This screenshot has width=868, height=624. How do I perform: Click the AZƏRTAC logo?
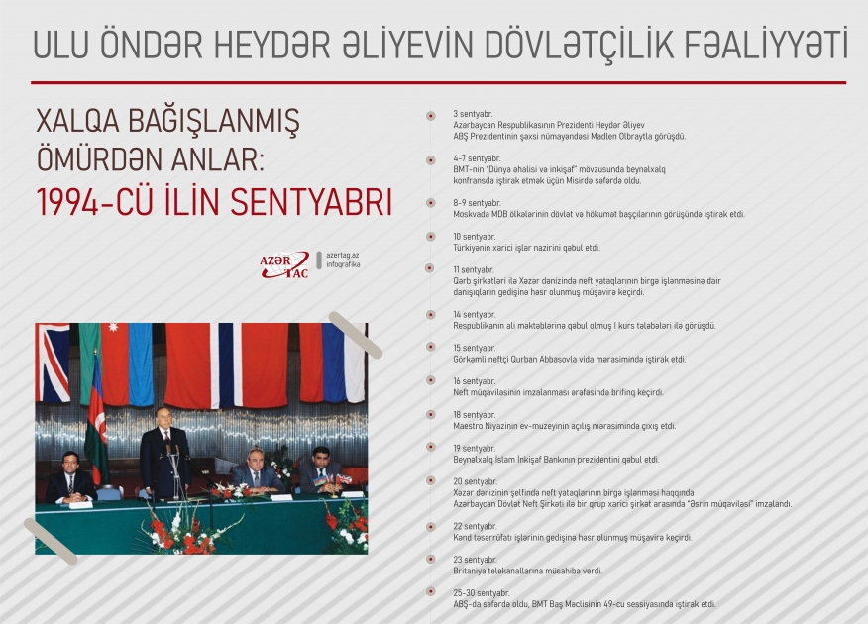coord(283,263)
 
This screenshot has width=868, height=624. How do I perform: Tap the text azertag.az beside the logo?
coord(343,255)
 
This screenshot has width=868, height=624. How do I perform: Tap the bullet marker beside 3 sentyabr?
coord(430,116)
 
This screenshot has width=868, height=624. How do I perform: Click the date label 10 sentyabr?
coord(474,237)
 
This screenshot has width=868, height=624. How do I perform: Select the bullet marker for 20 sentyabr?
coord(430,481)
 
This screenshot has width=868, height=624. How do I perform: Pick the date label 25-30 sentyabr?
coord(481,592)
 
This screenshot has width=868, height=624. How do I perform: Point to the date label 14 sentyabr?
coord(474,314)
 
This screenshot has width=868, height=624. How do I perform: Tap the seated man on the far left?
coord(68,477)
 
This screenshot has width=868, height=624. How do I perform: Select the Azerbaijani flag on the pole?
coord(96,416)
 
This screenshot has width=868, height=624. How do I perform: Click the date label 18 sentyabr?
coord(474,414)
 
